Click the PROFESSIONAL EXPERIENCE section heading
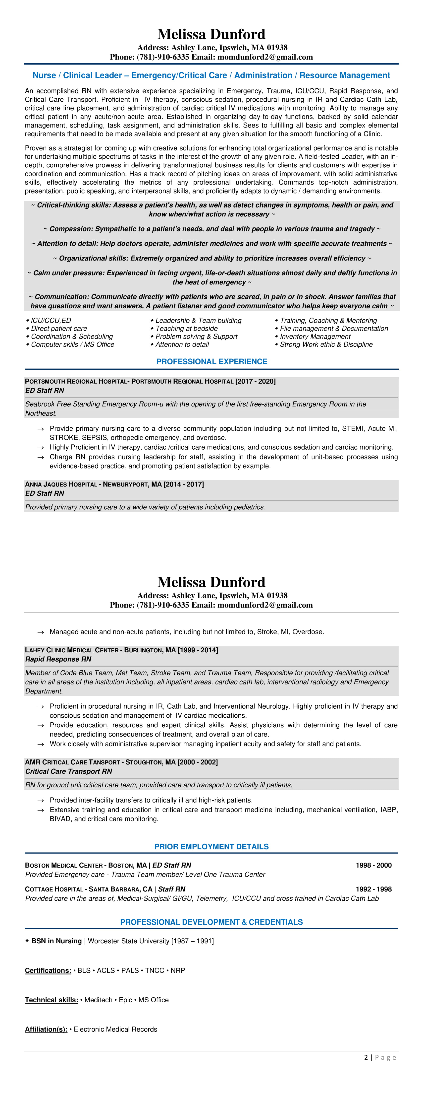212,362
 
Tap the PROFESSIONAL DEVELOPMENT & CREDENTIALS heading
211,922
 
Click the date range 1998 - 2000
373,865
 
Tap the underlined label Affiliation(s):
46,1029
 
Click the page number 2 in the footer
366,1057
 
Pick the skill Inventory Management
315,337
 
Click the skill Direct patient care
59,329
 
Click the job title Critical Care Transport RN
68,771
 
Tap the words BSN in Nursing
56,941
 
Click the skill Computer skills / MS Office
72,345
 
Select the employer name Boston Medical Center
64,865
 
